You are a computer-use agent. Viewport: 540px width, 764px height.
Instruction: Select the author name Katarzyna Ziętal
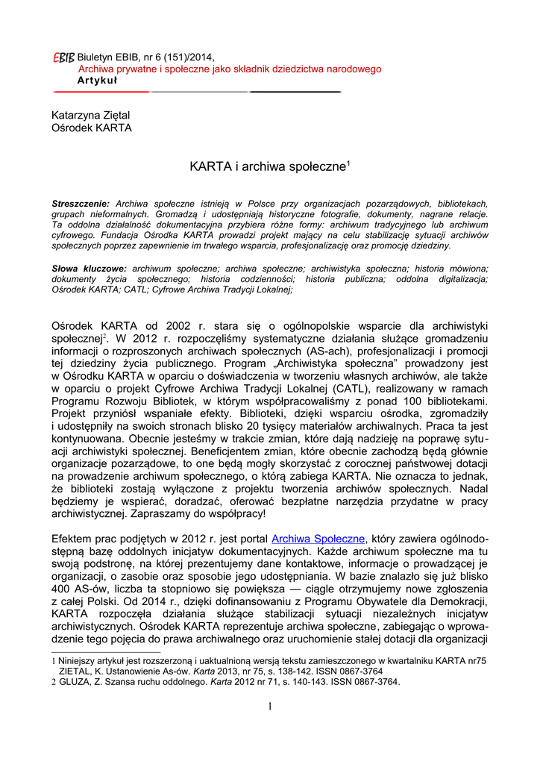pyautogui.click(x=90, y=115)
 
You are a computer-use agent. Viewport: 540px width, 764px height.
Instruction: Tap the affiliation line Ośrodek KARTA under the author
pyautogui.click(x=91, y=128)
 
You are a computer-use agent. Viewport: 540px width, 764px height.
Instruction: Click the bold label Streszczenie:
pyautogui.click(x=81, y=204)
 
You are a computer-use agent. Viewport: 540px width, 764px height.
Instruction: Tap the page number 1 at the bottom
pyautogui.click(x=270, y=706)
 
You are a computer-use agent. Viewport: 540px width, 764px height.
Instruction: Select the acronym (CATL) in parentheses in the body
pyautogui.click(x=355, y=389)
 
